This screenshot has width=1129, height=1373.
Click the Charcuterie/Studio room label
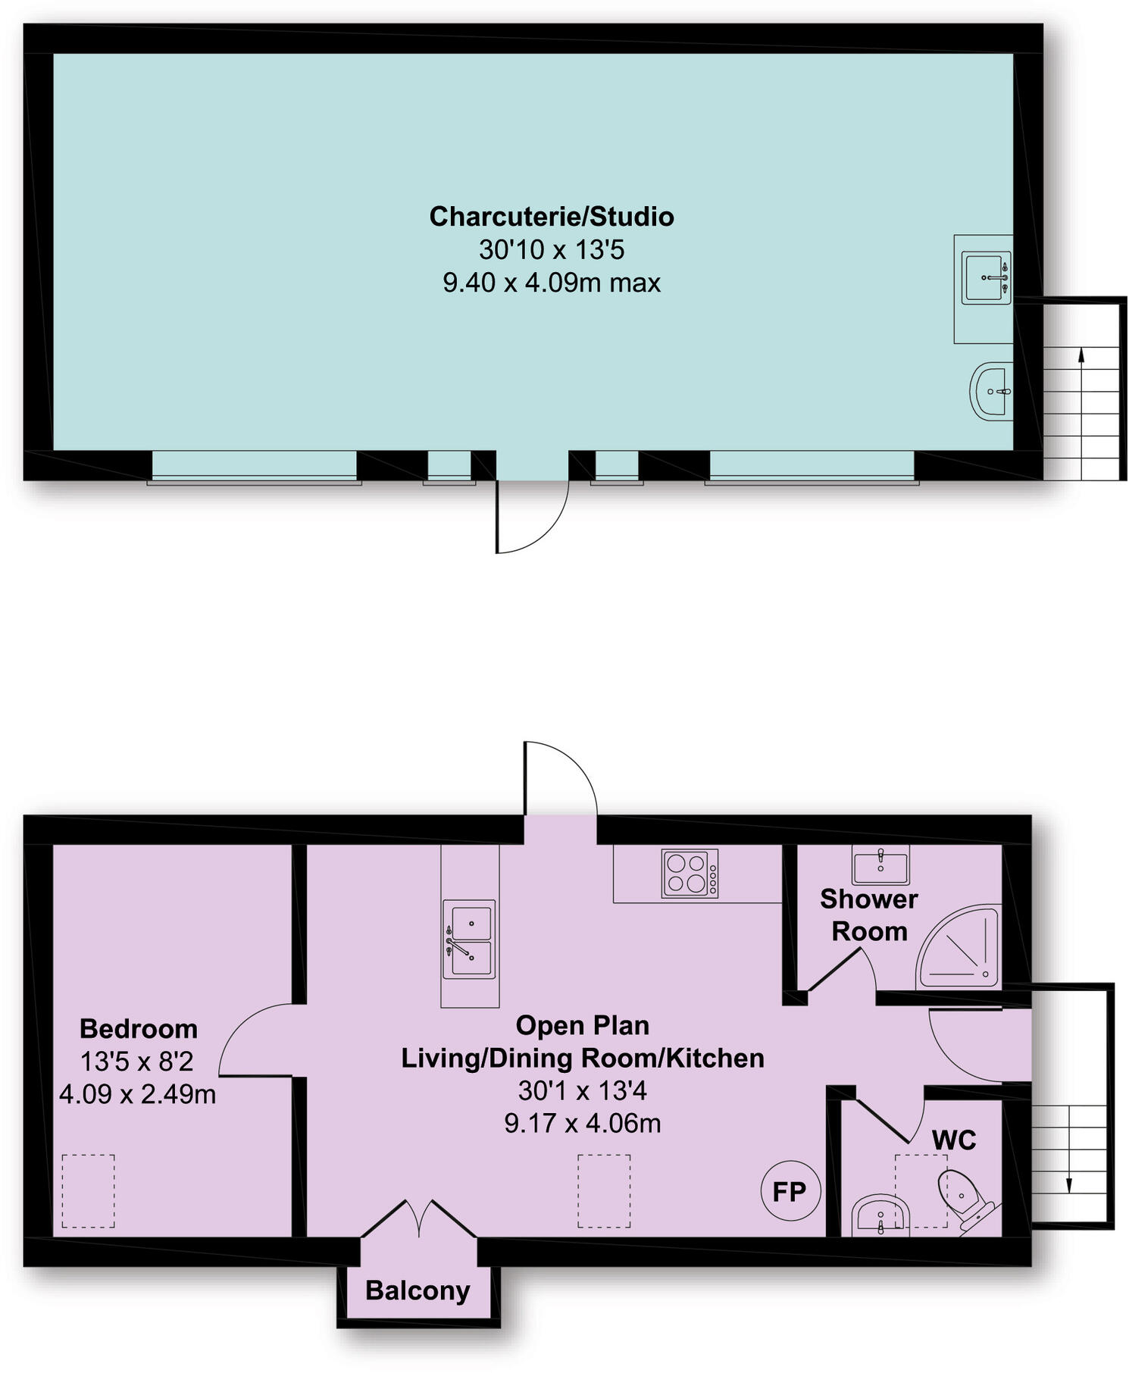(552, 217)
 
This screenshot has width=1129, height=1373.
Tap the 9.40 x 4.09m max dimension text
(552, 283)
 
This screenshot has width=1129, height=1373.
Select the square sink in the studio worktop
(986, 278)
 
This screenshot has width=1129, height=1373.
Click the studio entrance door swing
(530, 515)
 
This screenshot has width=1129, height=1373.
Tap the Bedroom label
(139, 1028)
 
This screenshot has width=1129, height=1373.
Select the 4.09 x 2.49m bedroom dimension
(138, 1094)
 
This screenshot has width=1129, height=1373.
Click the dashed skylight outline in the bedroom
(88, 1190)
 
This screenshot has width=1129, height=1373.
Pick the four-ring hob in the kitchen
(690, 874)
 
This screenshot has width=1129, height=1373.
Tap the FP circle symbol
(790, 1191)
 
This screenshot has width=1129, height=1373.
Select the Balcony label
(418, 1290)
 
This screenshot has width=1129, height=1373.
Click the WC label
(954, 1140)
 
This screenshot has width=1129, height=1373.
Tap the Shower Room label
(869, 915)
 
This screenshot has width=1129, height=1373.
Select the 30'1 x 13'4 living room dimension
(582, 1090)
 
